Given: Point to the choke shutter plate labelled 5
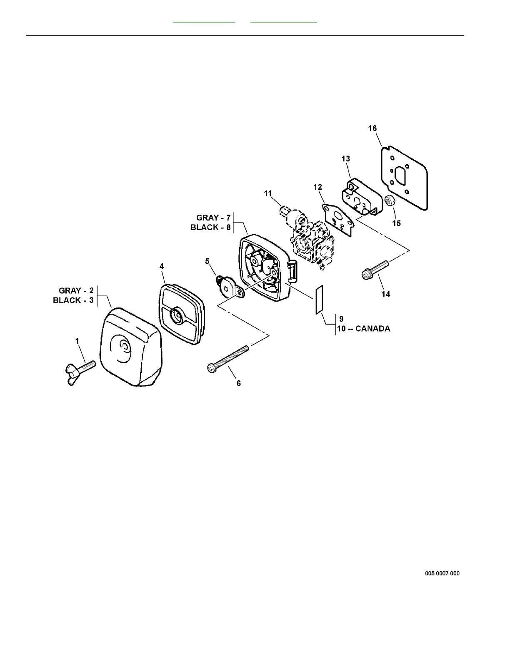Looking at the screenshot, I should (x=229, y=287).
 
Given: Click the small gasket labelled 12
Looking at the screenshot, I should (x=339, y=219).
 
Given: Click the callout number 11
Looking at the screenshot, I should (x=268, y=193).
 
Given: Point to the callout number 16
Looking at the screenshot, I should (x=372, y=128).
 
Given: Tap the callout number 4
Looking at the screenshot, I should (x=162, y=266).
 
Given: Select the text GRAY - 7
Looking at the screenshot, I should (x=213, y=218).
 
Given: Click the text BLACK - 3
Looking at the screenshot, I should (x=73, y=300).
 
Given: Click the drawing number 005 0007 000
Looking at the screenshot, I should (x=442, y=573).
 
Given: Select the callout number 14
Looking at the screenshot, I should (x=386, y=294).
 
